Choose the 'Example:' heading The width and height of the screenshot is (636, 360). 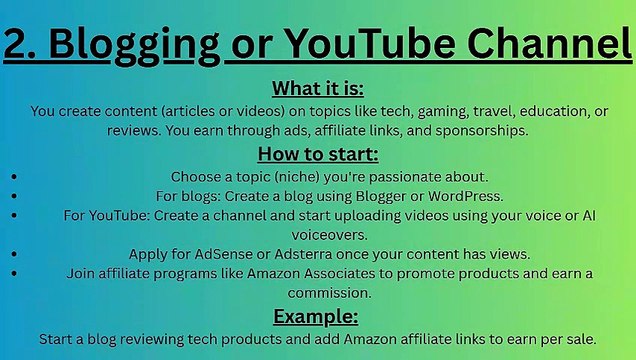click(x=316, y=317)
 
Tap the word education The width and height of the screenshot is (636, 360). click(x=506, y=111)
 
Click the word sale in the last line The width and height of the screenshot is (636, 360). click(x=577, y=339)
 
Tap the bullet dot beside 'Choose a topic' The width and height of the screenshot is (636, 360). click(x=13, y=175)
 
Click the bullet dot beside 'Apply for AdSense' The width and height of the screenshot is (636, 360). click(x=13, y=253)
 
